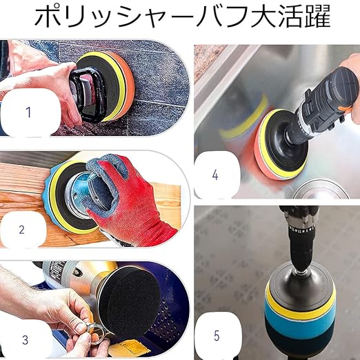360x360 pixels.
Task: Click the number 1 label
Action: [x=28, y=112]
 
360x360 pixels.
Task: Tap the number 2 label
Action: [x=21, y=230]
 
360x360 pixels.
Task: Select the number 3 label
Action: [x=25, y=340]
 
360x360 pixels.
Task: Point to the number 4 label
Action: [x=215, y=175]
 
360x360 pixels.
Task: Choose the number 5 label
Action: [x=217, y=336]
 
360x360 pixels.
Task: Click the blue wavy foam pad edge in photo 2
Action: [x=48, y=199]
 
